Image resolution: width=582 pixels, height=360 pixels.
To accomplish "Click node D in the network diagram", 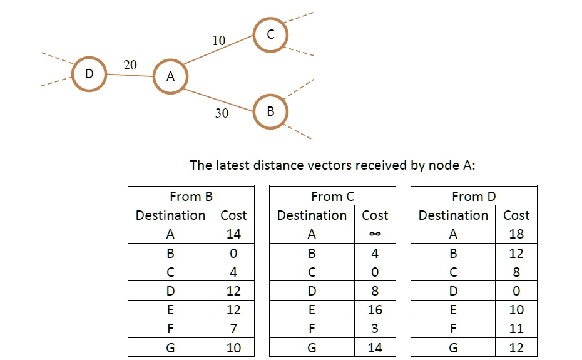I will click(x=89, y=74).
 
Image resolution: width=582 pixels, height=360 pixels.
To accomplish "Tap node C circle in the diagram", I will click(x=270, y=34).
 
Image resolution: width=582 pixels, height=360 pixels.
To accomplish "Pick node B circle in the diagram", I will click(x=270, y=112).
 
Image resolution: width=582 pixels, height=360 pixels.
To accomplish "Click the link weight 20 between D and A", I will click(x=130, y=65).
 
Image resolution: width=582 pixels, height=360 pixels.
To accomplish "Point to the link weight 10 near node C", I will click(x=218, y=41).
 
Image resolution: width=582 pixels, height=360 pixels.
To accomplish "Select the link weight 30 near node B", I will click(x=222, y=113).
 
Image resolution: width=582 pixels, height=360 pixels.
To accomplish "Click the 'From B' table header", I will click(x=191, y=197).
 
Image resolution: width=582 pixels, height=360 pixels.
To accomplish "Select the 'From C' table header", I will click(x=332, y=197).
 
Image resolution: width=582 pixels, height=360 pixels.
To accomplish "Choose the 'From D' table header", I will click(x=474, y=197).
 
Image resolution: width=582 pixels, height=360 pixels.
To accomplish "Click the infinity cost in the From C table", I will click(x=375, y=234).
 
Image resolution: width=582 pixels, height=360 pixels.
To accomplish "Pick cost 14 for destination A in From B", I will click(x=233, y=234).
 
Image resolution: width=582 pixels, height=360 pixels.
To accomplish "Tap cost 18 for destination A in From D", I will click(x=516, y=234).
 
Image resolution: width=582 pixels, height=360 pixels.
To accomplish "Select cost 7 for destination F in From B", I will click(x=233, y=329).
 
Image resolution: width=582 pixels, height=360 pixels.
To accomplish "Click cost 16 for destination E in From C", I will click(x=375, y=310).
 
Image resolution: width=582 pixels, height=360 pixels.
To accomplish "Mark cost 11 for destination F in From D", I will click(x=516, y=329).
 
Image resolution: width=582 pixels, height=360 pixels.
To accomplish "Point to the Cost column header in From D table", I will click(x=516, y=215).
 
